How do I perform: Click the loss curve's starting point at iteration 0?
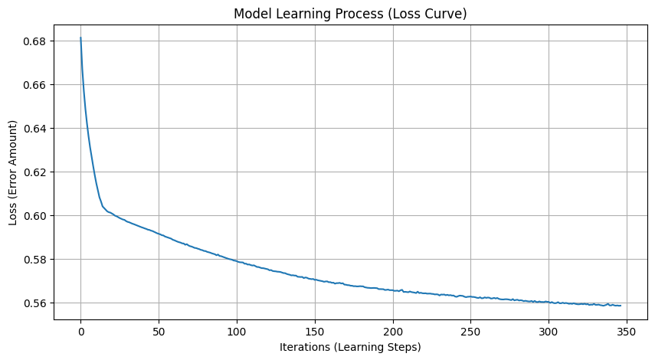coord(80,38)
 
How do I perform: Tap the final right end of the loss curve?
coord(621,306)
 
